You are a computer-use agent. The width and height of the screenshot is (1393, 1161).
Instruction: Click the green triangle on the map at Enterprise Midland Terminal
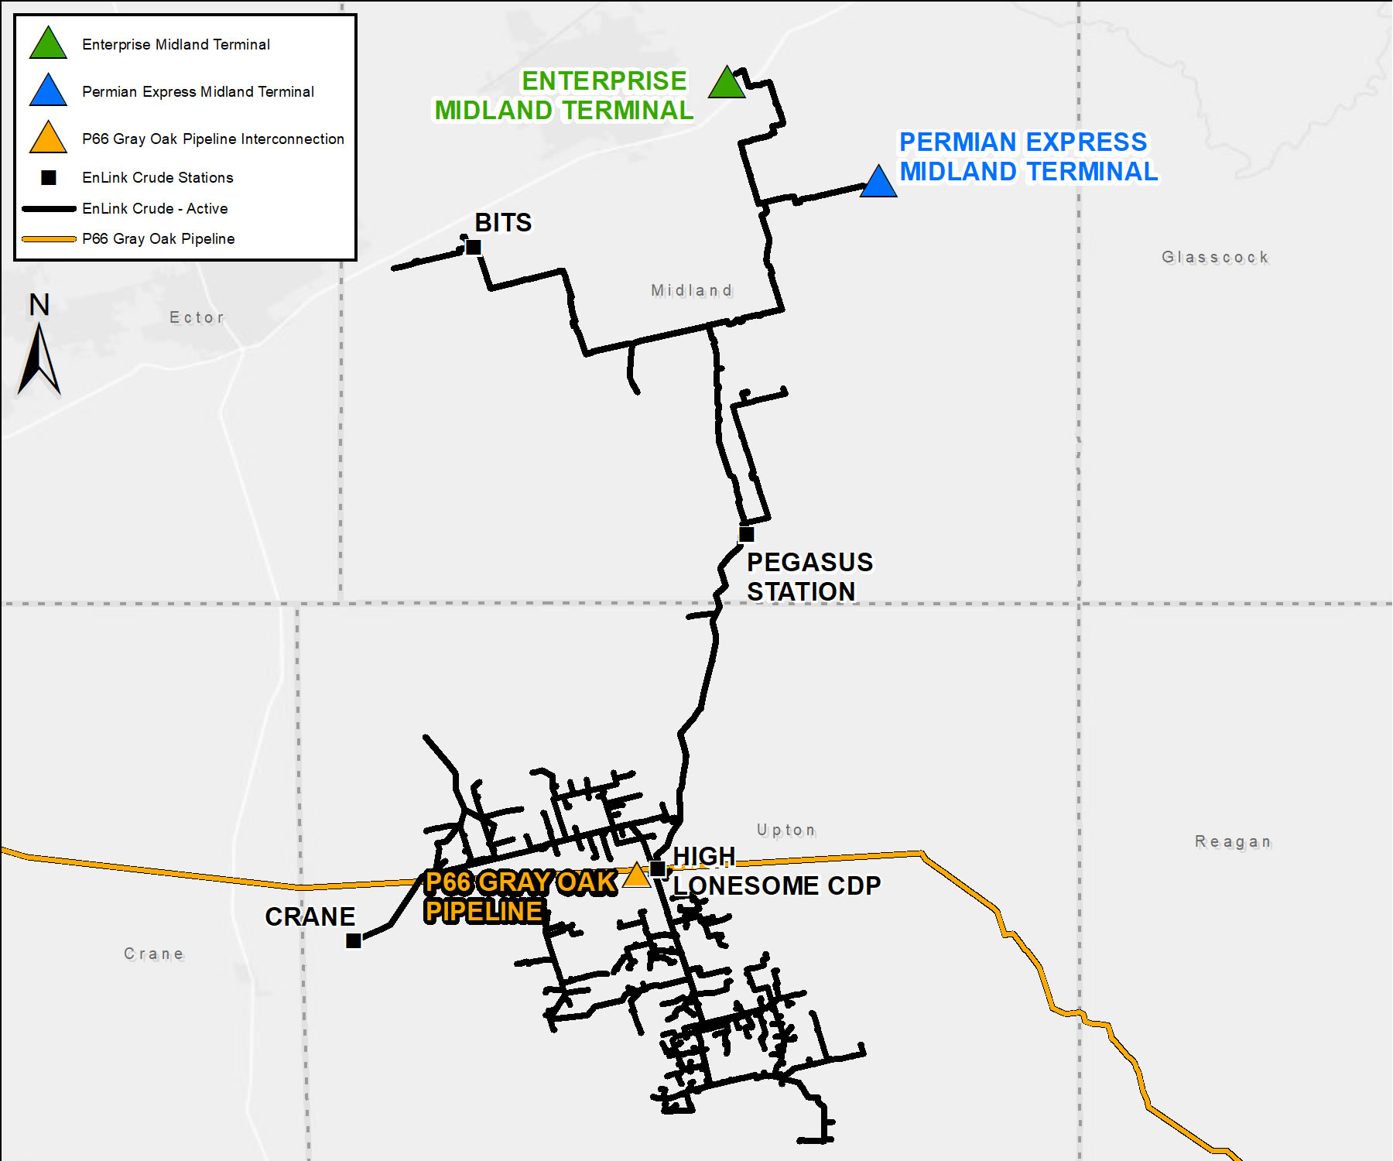click(727, 84)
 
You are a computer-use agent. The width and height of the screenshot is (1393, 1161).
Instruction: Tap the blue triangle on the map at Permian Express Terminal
click(878, 183)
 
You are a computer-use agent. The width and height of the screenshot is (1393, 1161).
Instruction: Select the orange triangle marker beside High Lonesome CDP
click(636, 876)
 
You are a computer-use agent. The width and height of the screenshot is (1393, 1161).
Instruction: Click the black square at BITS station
click(474, 247)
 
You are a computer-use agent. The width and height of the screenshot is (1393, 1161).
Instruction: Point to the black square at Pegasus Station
click(746, 534)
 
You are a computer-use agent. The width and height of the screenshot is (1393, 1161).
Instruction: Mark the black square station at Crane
click(354, 940)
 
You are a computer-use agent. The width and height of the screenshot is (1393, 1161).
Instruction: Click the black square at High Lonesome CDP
click(658, 868)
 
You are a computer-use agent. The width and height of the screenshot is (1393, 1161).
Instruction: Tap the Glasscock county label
click(1215, 257)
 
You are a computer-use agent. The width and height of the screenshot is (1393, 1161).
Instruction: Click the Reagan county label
click(1233, 841)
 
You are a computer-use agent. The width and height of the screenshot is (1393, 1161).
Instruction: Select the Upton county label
click(786, 831)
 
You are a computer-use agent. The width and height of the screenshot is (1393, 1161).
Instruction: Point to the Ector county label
click(197, 317)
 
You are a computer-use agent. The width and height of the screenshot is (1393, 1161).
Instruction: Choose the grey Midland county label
click(691, 290)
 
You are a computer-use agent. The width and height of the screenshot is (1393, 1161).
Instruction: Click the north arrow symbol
click(39, 360)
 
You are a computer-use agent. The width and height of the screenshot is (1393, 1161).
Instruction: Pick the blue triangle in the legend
click(48, 91)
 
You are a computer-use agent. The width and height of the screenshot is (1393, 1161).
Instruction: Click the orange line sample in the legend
click(49, 239)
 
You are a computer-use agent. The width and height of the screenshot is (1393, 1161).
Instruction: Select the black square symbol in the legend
click(49, 177)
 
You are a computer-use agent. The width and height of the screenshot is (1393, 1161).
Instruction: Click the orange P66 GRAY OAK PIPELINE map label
click(520, 896)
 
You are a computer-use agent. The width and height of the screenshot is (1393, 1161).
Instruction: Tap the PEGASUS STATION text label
click(809, 577)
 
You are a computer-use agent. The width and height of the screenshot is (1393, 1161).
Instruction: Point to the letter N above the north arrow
click(39, 304)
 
